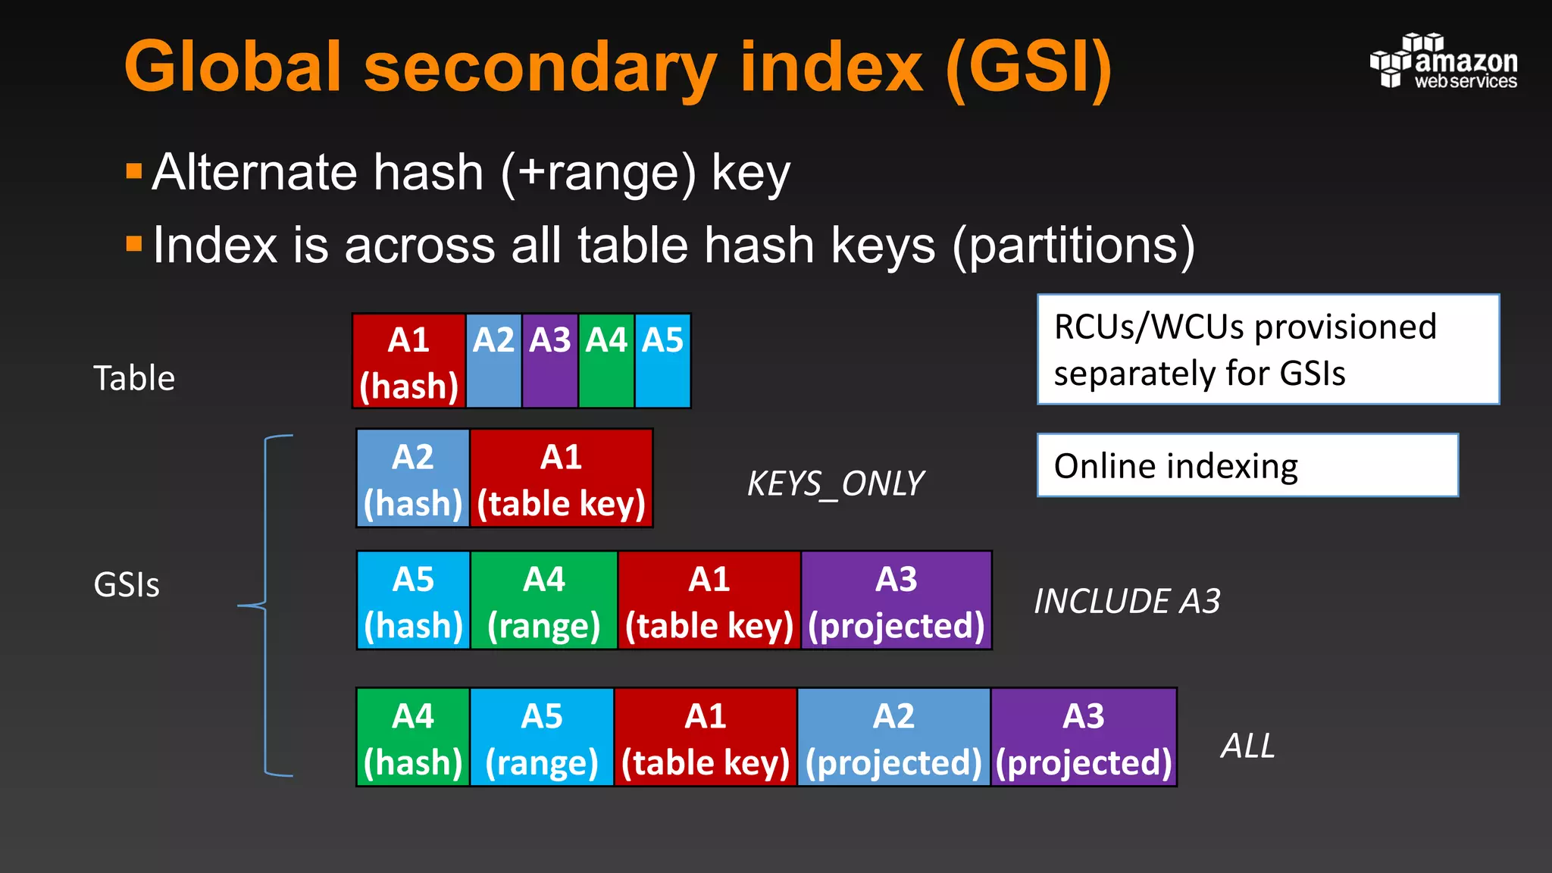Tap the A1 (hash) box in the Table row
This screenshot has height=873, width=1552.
tap(409, 361)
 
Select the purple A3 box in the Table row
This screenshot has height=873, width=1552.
tap(550, 361)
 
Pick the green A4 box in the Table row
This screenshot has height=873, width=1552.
tap(606, 361)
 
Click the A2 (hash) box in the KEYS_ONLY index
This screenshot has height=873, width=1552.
tap(413, 478)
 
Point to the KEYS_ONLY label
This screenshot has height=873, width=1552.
tap(835, 483)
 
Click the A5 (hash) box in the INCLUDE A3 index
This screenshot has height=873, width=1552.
tap(413, 601)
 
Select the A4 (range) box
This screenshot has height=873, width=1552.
tap(543, 601)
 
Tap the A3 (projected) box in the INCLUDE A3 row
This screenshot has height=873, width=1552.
tap(896, 601)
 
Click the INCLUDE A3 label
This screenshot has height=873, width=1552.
tap(1127, 602)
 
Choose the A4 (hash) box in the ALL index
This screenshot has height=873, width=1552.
tap(413, 737)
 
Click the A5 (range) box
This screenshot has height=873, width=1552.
tap(542, 737)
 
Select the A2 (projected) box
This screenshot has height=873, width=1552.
tap(893, 737)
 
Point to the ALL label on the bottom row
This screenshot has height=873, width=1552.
tap(1247, 746)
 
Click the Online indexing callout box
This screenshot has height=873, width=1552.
tap(1247, 465)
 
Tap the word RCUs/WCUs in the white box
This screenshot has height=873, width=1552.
tap(1149, 327)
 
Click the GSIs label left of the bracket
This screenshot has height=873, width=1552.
tap(127, 585)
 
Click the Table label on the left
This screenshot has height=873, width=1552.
tap(134, 377)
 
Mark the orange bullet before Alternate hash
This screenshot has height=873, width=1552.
tap(134, 171)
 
